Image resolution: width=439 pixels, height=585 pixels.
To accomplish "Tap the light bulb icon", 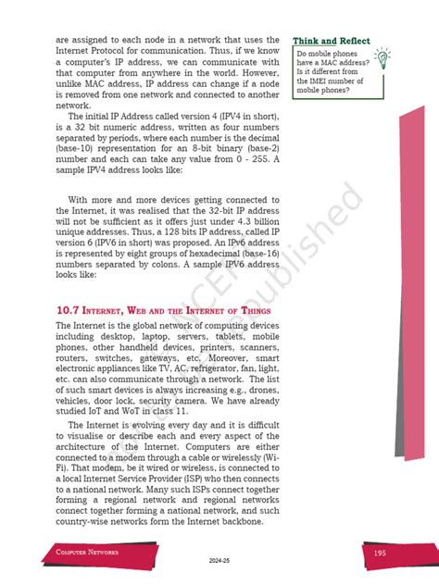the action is [x=383, y=59].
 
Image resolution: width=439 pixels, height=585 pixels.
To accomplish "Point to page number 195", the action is [x=380, y=553].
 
